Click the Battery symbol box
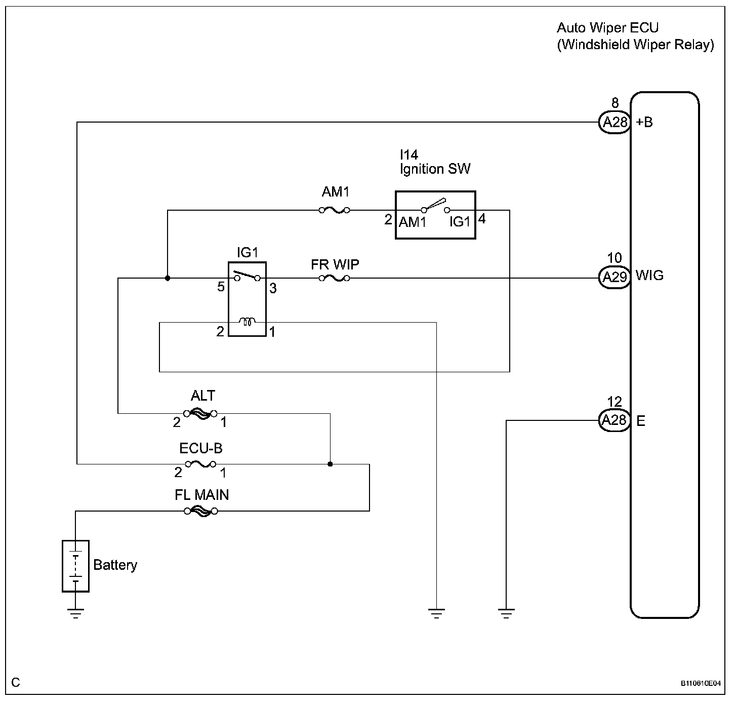[x=75, y=566]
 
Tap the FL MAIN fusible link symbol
[x=201, y=511]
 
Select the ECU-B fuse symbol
[x=201, y=464]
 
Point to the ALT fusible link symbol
[x=200, y=414]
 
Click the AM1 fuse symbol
[x=335, y=211]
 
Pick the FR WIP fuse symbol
[x=335, y=279]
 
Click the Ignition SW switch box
[x=435, y=215]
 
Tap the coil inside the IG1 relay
[x=248, y=321]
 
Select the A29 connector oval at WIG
[x=615, y=278]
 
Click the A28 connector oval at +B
[x=615, y=122]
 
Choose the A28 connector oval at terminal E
[x=615, y=420]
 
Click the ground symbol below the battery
[x=75, y=613]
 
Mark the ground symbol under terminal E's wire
[x=506, y=613]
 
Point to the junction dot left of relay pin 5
[x=168, y=279]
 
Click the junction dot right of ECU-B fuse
[x=330, y=464]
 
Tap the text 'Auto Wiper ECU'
[x=607, y=28]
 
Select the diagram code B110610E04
[x=701, y=683]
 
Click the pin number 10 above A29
[x=615, y=258]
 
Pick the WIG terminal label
[x=649, y=276]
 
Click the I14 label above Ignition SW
[x=409, y=154]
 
